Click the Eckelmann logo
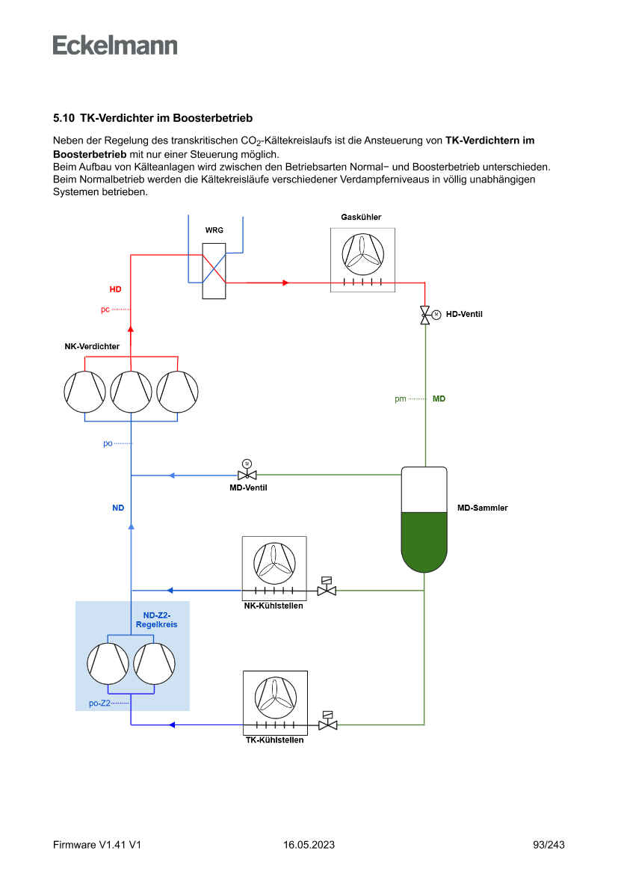(x=115, y=46)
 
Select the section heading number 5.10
(x=64, y=118)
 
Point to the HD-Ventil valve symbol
(x=425, y=314)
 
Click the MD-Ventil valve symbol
(x=247, y=475)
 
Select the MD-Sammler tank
(x=424, y=520)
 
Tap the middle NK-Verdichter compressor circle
(x=132, y=391)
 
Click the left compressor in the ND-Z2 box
(x=108, y=663)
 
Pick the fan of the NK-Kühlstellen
(x=274, y=563)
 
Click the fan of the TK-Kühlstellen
(x=276, y=697)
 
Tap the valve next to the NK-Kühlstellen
(x=327, y=590)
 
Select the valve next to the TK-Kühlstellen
(x=327, y=724)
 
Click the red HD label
(x=115, y=289)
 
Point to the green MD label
(x=439, y=399)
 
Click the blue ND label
(x=118, y=508)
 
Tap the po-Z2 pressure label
(x=99, y=704)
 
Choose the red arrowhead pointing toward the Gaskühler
(x=285, y=283)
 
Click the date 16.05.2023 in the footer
(x=309, y=845)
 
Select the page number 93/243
(x=549, y=845)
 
